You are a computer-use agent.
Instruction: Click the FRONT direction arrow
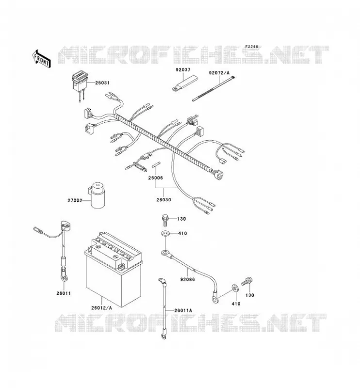pos(41,59)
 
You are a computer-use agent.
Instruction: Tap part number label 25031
pos(102,83)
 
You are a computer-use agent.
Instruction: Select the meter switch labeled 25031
pos(80,84)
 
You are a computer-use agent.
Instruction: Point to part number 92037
pos(183,70)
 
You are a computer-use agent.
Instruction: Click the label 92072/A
pos(219,73)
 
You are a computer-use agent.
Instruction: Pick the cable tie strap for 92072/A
pos(213,89)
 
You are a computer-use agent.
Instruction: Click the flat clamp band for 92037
pos(185,83)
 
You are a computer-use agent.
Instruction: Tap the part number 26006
pos(155,178)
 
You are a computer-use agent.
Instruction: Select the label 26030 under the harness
pos(164,200)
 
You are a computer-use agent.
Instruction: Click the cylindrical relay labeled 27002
pos(97,195)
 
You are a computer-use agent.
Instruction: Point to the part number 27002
pos(75,200)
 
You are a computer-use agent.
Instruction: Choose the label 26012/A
pos(101,308)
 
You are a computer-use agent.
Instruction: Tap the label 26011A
pos(183,310)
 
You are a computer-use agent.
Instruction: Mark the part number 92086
pos(187,279)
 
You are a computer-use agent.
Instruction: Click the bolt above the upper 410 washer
pos(165,221)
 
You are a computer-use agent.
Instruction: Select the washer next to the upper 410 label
pos(165,233)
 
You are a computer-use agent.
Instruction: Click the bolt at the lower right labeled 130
pos(246,282)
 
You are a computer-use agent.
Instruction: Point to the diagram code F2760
pos(251,47)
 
